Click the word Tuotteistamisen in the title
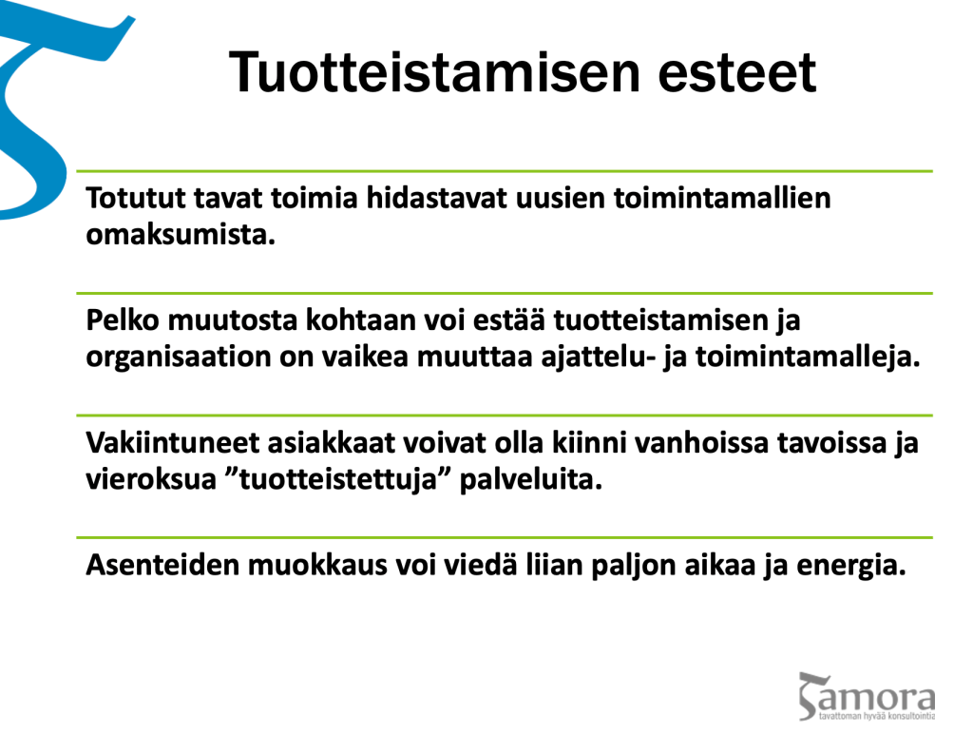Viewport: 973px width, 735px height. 434,72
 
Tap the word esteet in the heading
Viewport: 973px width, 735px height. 736,73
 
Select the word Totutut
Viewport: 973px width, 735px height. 136,198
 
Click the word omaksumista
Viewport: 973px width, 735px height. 180,235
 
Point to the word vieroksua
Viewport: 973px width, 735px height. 150,479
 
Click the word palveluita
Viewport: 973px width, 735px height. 530,480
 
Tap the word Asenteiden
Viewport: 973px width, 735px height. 162,565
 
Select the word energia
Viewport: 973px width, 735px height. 850,566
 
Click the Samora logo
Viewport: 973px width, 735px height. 867,696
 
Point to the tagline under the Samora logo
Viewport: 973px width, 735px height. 876,716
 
